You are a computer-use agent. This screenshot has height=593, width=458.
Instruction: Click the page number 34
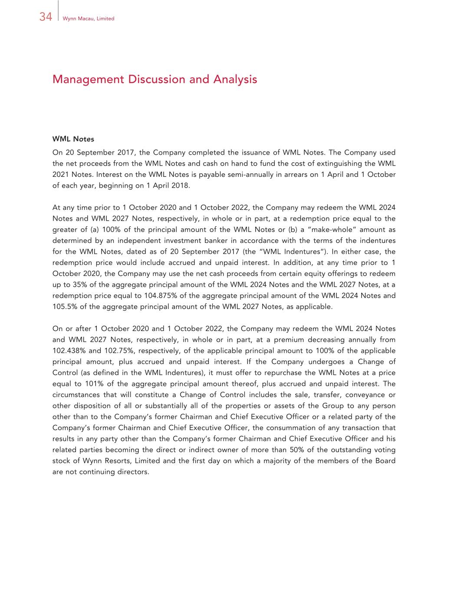click(x=46, y=17)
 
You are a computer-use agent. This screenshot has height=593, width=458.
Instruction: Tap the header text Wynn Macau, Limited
click(x=88, y=19)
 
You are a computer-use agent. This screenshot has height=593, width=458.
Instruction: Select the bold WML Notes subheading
click(x=73, y=139)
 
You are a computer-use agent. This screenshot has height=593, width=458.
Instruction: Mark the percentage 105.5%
click(x=63, y=307)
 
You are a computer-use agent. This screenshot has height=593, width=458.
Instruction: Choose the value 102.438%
click(x=69, y=351)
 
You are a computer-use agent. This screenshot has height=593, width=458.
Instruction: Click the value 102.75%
click(x=119, y=351)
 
